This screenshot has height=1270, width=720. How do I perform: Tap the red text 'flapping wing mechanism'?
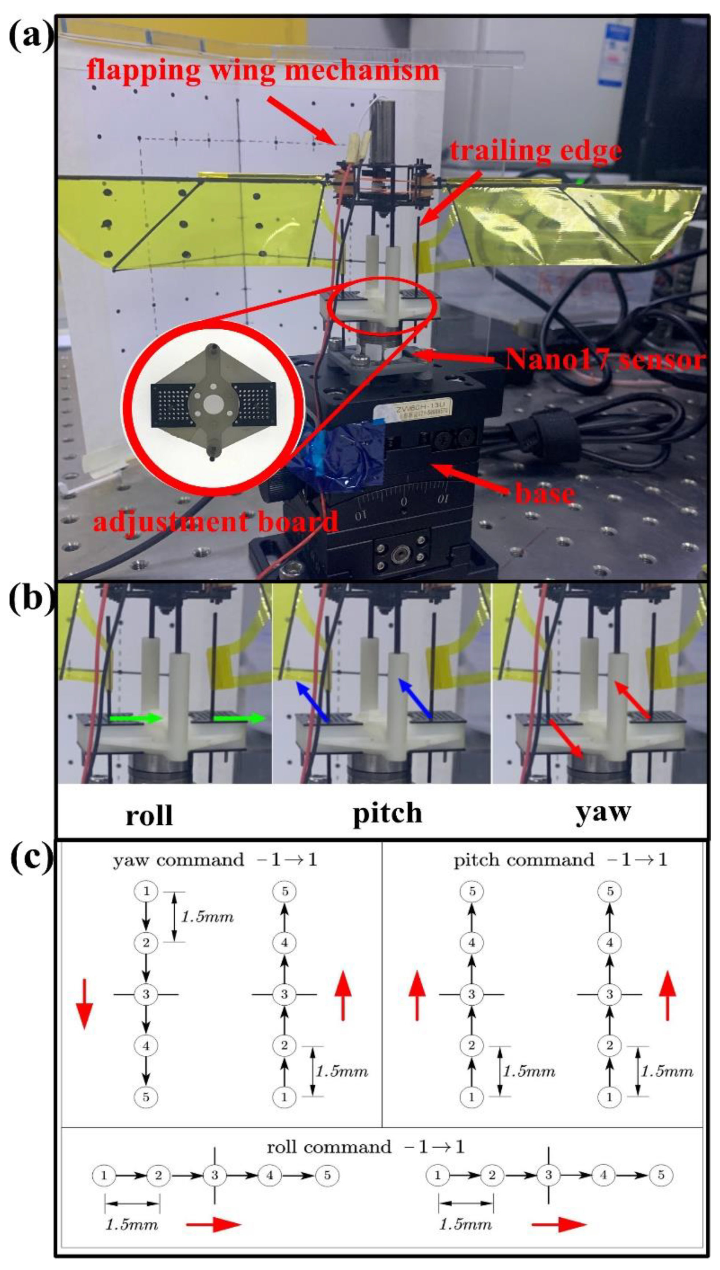pos(263,69)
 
